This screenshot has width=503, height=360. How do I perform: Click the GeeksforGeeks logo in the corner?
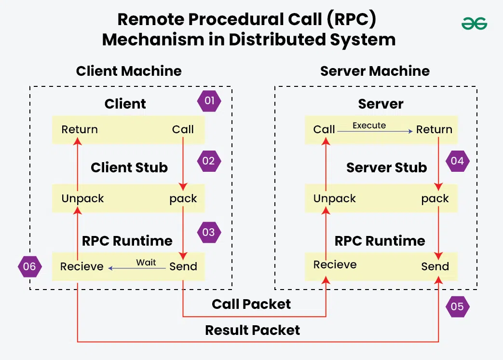(x=474, y=23)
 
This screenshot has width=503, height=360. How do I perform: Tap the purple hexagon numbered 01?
(x=209, y=102)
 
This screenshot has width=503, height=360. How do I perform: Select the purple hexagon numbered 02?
(x=209, y=161)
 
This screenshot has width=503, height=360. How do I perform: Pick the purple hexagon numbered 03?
(x=209, y=232)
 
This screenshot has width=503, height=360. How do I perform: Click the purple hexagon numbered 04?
(x=457, y=161)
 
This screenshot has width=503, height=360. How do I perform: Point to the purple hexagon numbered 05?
(x=457, y=306)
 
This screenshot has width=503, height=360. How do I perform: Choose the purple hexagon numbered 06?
(x=29, y=266)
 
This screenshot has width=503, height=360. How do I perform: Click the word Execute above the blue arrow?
(x=369, y=125)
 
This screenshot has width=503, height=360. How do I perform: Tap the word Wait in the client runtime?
(x=146, y=263)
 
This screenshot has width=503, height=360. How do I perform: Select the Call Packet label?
(x=251, y=304)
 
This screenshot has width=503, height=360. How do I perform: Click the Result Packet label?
(x=252, y=330)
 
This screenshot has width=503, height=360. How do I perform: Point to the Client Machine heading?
(x=129, y=71)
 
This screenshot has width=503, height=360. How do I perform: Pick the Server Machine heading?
(x=375, y=71)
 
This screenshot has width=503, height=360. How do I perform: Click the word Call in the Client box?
(x=183, y=129)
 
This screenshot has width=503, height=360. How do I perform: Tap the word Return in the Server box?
(x=434, y=129)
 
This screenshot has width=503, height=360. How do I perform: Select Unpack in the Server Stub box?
(x=334, y=198)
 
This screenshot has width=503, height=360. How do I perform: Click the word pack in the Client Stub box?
(x=183, y=198)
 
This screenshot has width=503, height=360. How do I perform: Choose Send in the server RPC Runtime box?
(x=435, y=266)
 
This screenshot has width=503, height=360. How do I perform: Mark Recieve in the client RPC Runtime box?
(x=82, y=266)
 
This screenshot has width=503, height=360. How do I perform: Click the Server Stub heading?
(x=386, y=167)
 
